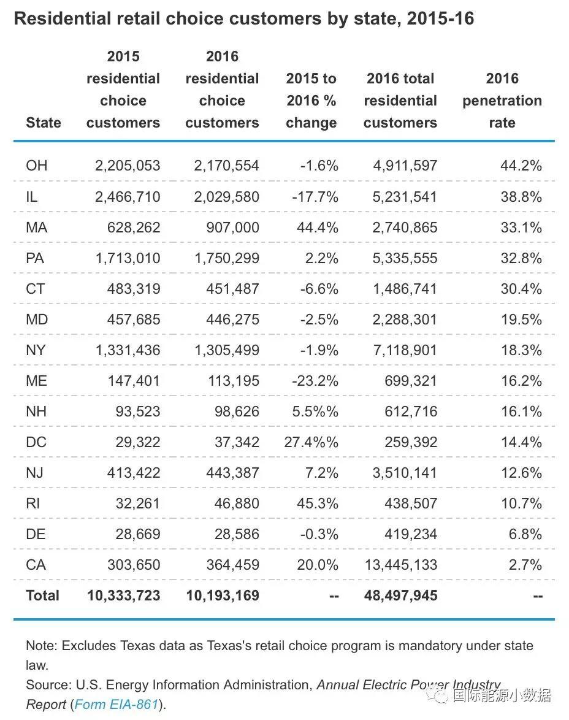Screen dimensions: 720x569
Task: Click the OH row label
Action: [x=36, y=166]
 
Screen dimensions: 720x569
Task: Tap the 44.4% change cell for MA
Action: [x=318, y=228]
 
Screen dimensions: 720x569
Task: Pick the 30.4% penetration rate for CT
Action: [x=521, y=289]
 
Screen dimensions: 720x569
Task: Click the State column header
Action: [x=44, y=123]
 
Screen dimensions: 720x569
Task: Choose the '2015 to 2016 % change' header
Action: [x=311, y=101]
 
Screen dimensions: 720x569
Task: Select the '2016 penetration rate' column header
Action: [x=502, y=101]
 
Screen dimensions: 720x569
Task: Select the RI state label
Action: [x=34, y=504]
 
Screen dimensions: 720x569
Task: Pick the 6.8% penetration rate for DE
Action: [x=525, y=534]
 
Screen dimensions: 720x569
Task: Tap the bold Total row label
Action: [x=42, y=596]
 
